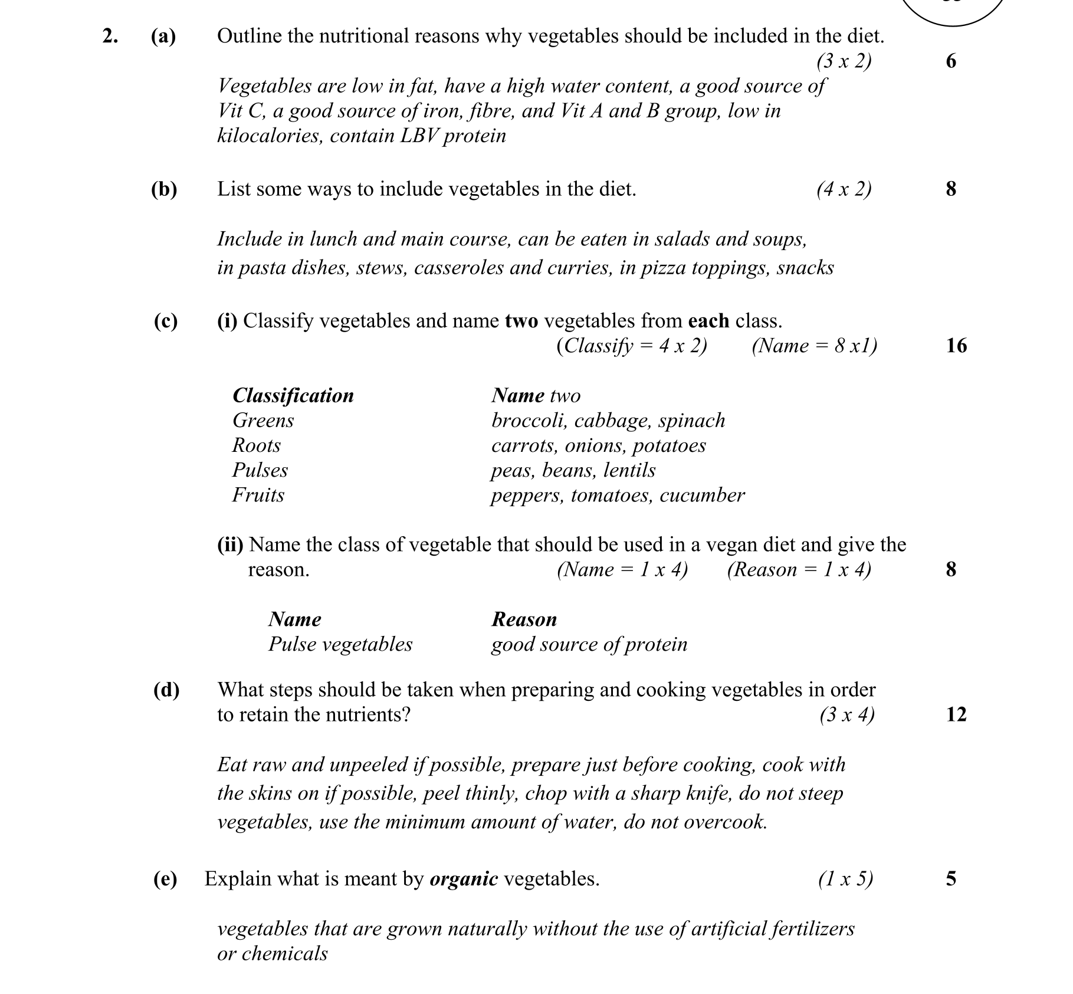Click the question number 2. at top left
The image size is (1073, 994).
110,36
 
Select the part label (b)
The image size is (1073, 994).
164,189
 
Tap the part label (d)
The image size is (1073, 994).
166,690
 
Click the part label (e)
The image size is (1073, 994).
165,879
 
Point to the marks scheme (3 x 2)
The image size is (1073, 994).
844,61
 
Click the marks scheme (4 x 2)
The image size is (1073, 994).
844,189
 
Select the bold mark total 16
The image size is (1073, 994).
956,346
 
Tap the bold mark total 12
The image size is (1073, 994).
956,714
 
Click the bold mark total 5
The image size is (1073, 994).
951,879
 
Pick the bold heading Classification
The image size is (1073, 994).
293,395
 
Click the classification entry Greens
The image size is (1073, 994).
263,421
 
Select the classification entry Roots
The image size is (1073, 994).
257,445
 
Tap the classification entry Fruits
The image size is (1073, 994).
258,495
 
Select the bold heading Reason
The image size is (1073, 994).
524,619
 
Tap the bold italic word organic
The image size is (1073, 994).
464,879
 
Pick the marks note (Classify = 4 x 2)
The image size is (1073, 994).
631,346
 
